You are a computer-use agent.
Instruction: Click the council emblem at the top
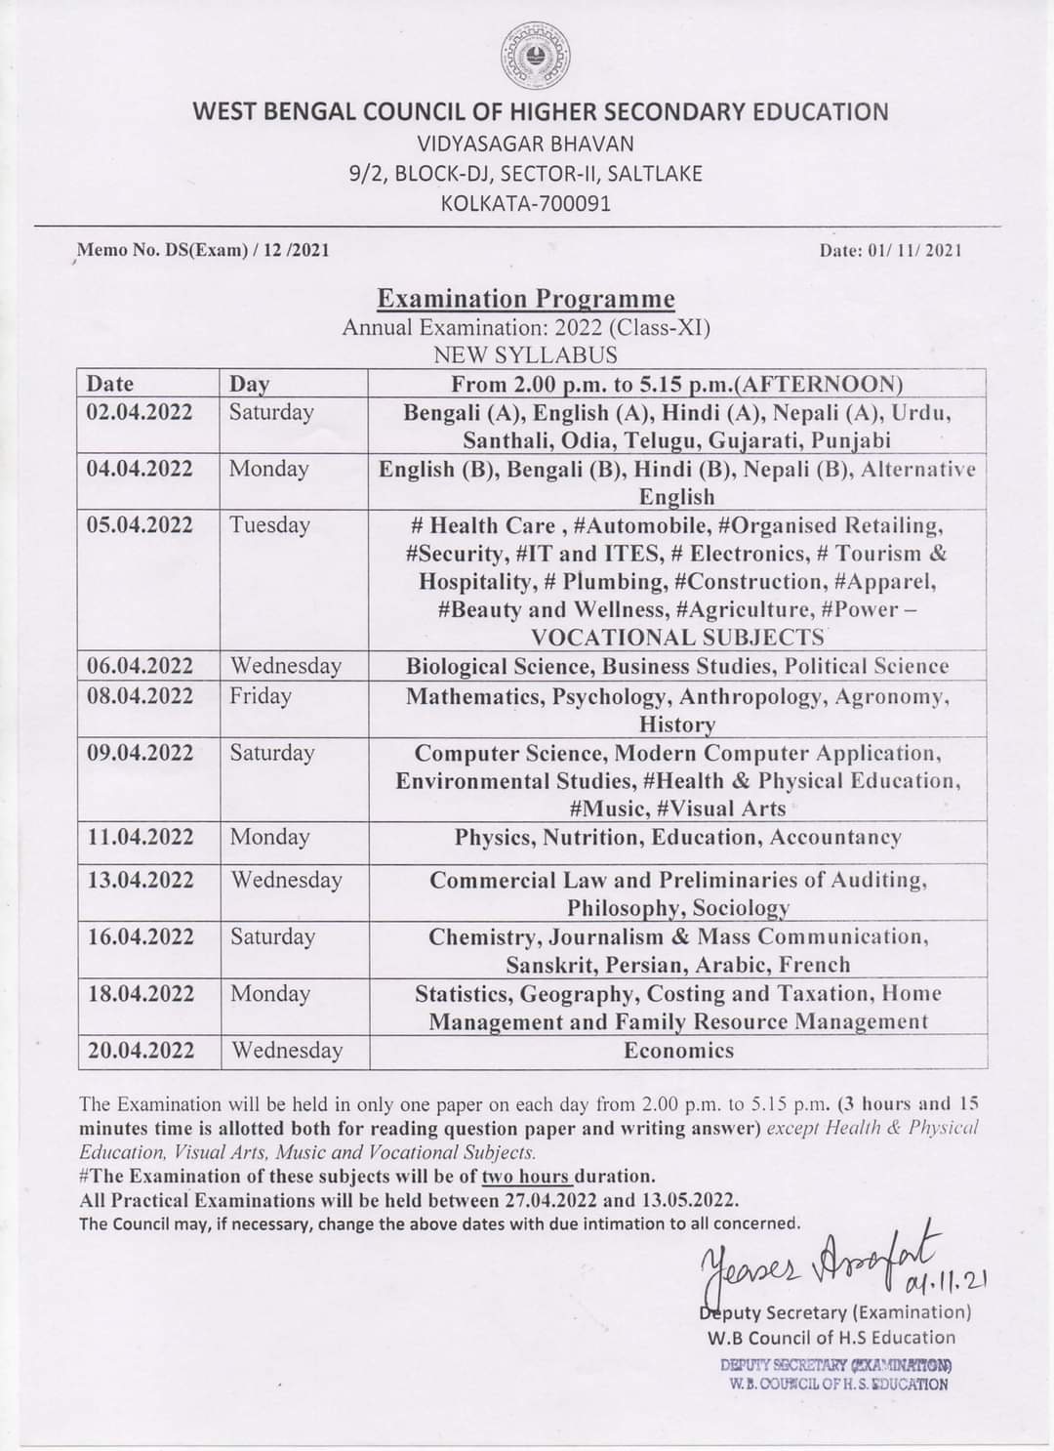[537, 56]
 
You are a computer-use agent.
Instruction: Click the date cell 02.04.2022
[140, 412]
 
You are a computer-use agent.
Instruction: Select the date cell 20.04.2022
[140, 1051]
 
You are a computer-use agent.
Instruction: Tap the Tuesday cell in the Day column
[269, 525]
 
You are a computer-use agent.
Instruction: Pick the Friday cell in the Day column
[261, 696]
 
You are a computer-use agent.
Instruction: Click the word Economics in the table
[678, 1051]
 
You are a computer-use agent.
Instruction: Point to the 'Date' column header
[110, 384]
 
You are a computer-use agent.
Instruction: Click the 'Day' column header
[250, 384]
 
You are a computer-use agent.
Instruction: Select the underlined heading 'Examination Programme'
[526, 298]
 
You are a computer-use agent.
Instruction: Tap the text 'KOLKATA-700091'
[526, 204]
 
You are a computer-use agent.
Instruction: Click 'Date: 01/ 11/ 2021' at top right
[892, 251]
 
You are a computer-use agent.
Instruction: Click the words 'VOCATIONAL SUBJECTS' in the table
[677, 638]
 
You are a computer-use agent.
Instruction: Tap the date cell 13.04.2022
[140, 880]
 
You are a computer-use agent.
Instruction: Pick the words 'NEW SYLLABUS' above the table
[526, 354]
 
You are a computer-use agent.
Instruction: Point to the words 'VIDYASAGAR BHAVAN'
[526, 144]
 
